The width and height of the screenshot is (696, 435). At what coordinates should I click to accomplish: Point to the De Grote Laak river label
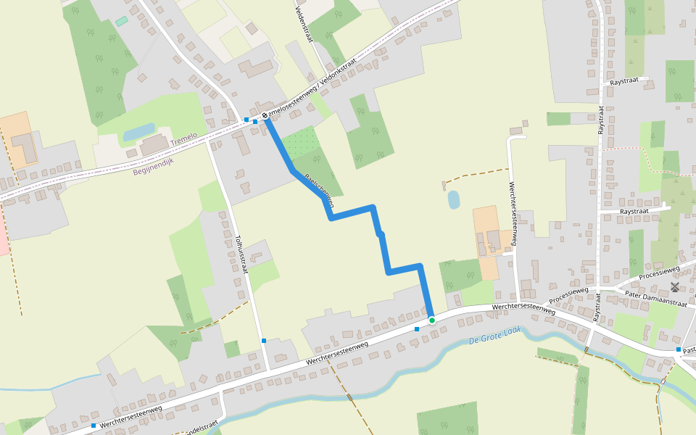(x=495, y=336)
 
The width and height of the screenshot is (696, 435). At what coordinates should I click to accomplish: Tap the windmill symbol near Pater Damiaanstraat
(x=675, y=287)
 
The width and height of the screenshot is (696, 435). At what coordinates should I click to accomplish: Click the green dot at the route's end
(x=432, y=320)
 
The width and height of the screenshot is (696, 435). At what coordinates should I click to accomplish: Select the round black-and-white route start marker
(x=265, y=116)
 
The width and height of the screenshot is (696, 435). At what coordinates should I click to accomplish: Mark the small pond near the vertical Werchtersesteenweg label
(x=454, y=199)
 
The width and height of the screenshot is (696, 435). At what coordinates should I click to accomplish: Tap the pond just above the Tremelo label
(x=138, y=132)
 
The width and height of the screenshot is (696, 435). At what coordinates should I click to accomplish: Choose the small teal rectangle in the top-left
(x=121, y=21)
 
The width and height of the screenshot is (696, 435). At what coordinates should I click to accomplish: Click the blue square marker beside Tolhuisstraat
(x=264, y=340)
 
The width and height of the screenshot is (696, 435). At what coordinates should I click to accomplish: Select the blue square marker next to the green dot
(x=417, y=328)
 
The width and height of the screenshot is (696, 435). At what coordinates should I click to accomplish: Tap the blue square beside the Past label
(x=679, y=349)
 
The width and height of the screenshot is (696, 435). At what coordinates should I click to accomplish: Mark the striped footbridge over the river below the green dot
(x=349, y=397)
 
